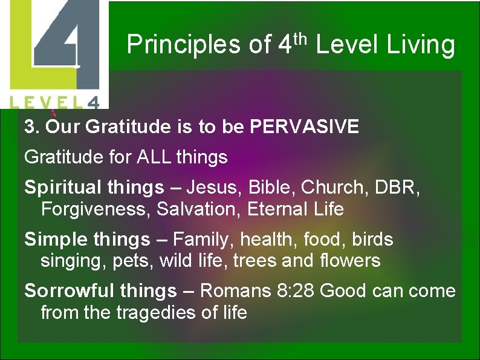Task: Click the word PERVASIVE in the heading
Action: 305,127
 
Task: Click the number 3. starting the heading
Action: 31,127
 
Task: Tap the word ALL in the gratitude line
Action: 157,158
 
